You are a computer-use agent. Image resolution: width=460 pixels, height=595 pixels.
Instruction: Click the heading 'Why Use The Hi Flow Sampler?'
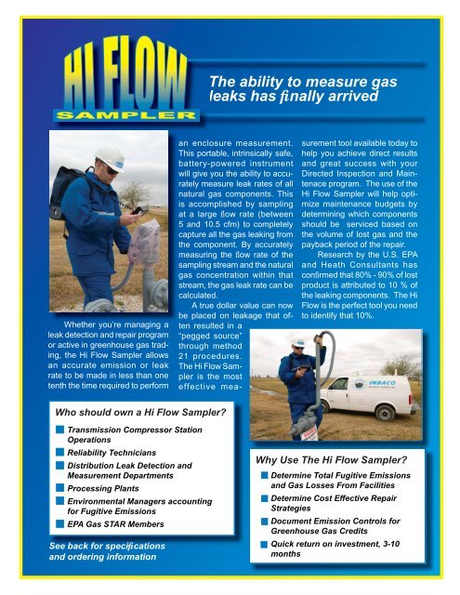pos(334,458)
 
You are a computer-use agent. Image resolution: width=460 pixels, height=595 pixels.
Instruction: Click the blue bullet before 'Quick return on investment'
pos(265,546)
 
